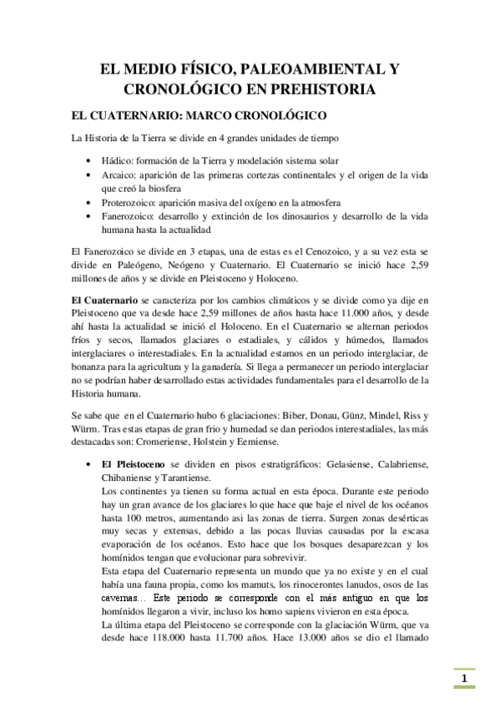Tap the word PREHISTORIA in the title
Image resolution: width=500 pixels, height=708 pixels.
(x=320, y=87)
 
